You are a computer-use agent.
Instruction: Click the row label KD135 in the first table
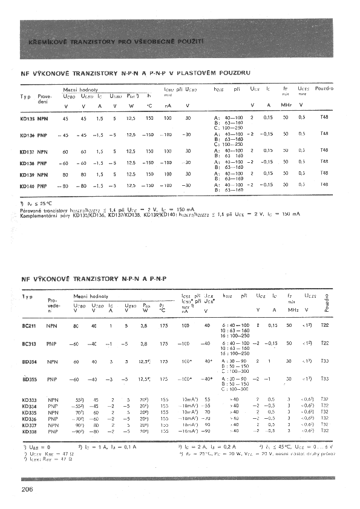coord(27,119)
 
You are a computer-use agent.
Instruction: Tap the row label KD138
coord(27,163)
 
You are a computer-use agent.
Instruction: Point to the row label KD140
coord(27,185)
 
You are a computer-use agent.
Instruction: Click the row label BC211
coord(28,326)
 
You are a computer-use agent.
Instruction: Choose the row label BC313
coord(28,343)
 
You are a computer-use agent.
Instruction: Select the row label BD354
coord(28,361)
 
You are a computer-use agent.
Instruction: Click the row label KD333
coord(28,400)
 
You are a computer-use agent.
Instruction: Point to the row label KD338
coord(28,432)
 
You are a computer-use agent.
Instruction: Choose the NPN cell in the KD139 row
coord(43,174)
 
